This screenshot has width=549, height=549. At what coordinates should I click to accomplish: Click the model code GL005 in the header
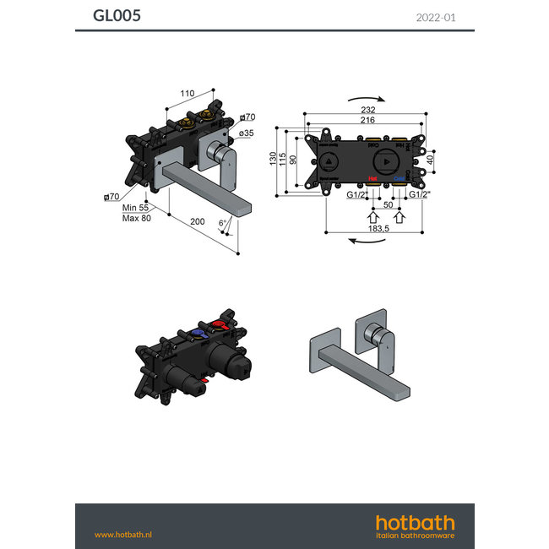coord(117,15)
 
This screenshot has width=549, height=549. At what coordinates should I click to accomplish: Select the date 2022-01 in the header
coord(436,16)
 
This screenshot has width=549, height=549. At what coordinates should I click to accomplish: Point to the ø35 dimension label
coord(247,133)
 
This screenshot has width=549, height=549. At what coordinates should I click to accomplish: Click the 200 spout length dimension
coord(197,221)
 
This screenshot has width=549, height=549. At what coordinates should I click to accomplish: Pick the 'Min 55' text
coord(135,207)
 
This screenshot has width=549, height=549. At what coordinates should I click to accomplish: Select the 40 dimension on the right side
coord(430,160)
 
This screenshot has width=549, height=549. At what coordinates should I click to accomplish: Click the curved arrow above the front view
coord(365,99)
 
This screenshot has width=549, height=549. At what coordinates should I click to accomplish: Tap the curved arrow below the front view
coord(365,242)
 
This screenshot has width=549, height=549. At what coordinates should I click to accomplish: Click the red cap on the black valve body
coord(220,327)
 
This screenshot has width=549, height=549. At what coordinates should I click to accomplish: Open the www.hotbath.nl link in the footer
coord(123,534)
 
